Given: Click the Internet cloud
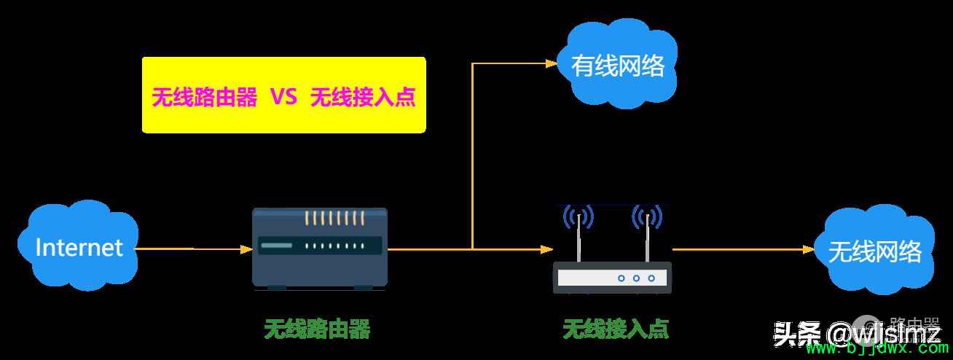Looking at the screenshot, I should [79, 247].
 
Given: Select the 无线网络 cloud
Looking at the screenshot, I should [874, 251].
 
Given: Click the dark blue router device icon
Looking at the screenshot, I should [320, 248].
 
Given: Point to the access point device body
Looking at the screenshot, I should [612, 277].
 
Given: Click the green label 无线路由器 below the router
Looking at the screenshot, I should [317, 329].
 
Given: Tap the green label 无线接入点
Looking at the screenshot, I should [616, 329].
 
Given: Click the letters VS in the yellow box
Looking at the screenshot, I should [283, 97].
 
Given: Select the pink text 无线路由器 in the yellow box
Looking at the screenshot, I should [204, 98].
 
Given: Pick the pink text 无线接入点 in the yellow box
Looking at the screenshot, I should [363, 98].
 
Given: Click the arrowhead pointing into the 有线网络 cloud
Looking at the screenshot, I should [552, 63].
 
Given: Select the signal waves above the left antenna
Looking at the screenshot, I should [579, 216].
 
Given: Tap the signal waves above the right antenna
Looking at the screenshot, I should [647, 216].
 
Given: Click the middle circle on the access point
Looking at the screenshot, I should [636, 278].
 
